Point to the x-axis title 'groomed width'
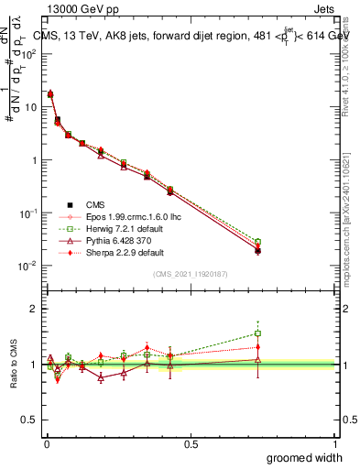click(x=305, y=457)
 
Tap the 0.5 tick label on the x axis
click(x=191, y=443)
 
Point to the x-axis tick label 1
click(x=336, y=443)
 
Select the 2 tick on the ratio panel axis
click(x=34, y=309)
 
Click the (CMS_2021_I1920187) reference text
click(x=190, y=274)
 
